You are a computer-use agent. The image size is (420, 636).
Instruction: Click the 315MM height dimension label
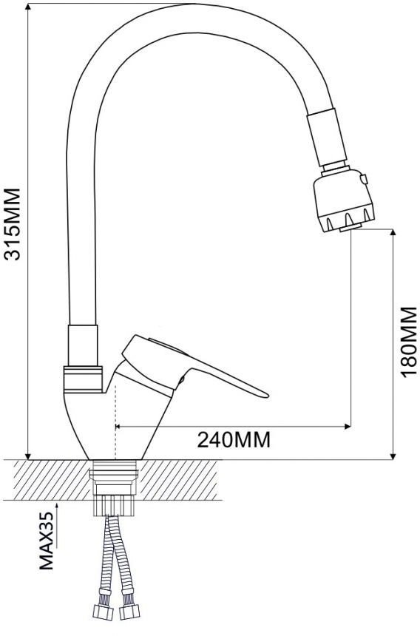coord(11,224)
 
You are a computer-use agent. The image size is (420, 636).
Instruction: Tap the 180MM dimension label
coord(409,342)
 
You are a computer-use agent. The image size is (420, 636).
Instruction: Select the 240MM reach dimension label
coord(234,439)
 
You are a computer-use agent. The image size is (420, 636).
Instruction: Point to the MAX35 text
coord(47,541)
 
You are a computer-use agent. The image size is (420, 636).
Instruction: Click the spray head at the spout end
coord(344,200)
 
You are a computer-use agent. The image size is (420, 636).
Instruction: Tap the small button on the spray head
coord(364,178)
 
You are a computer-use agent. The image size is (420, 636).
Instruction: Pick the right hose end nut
coord(129,612)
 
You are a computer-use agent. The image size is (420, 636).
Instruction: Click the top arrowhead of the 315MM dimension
coord(28,7)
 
